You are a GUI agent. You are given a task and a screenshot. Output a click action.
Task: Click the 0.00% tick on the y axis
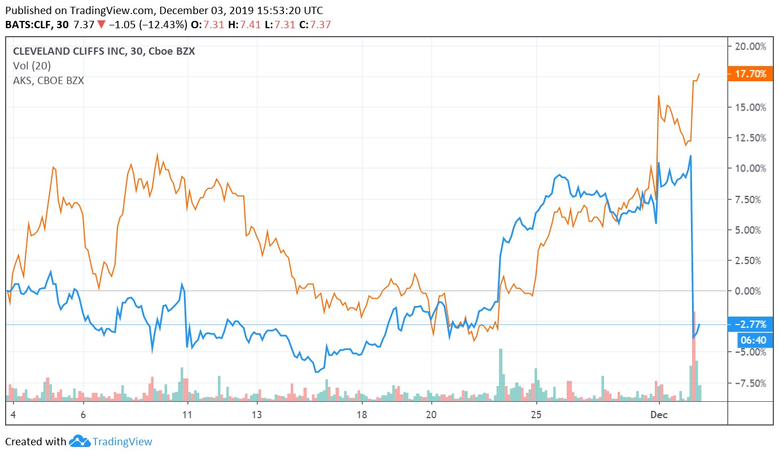click(751, 291)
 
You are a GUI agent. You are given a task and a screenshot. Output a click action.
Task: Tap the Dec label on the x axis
click(659, 414)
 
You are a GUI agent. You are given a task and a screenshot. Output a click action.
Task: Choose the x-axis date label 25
click(536, 414)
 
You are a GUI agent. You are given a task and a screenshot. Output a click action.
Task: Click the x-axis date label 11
click(187, 414)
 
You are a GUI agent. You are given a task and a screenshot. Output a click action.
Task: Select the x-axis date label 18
click(362, 414)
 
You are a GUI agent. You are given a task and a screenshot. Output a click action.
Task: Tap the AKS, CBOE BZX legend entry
click(48, 81)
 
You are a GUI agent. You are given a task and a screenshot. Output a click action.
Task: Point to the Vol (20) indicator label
click(32, 66)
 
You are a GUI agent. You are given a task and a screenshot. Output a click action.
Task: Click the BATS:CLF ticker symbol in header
click(27, 25)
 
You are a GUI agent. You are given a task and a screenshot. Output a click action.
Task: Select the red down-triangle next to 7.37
click(100, 25)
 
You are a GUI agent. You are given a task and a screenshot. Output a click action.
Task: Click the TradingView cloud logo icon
click(80, 441)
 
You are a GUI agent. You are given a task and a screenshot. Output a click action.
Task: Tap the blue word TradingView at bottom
click(122, 442)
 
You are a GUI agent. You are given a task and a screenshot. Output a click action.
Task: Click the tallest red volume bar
click(694, 356)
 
